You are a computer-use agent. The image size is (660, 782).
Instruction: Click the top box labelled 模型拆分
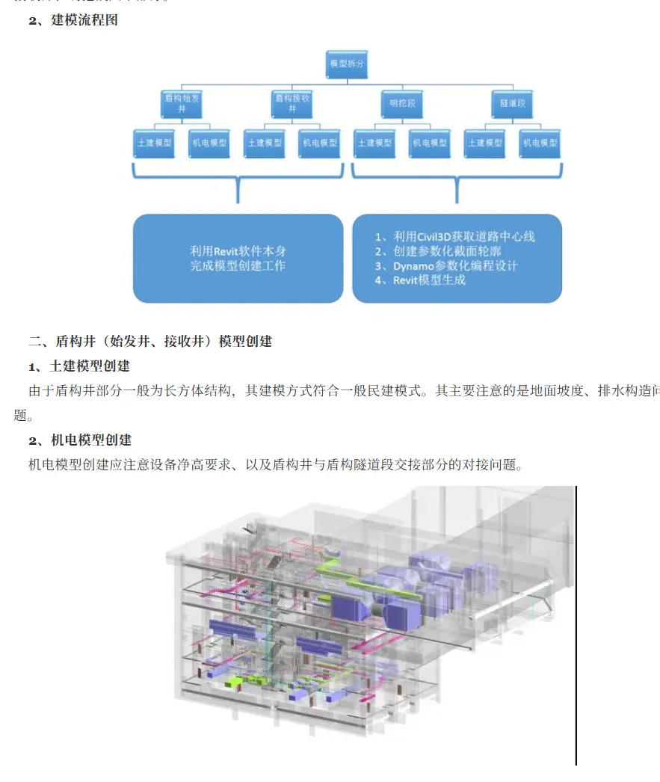click(348, 64)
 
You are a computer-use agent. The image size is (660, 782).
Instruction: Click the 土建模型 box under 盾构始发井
click(154, 143)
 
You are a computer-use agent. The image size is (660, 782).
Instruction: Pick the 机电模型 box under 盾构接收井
click(319, 143)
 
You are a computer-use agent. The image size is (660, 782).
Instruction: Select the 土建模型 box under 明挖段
click(374, 143)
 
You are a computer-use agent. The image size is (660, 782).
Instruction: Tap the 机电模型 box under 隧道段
click(540, 143)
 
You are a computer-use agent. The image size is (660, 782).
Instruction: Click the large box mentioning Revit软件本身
click(238, 259)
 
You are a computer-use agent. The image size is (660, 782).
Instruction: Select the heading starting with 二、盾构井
click(150, 342)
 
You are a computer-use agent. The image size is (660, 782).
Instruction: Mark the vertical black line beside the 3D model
click(576, 625)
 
